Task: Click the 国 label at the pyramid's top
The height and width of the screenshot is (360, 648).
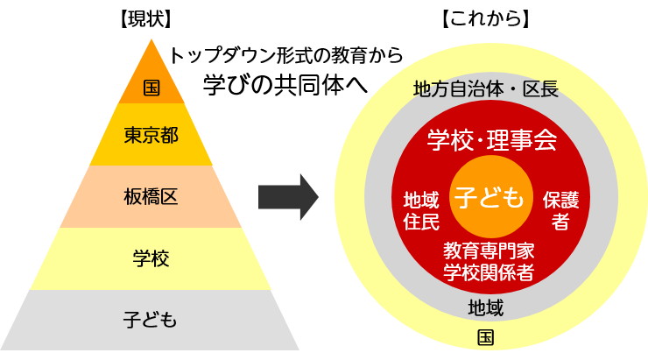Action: pos(151,88)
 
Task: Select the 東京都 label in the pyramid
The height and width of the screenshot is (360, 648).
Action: pos(151,136)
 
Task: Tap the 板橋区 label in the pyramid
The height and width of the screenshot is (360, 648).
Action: pos(151,197)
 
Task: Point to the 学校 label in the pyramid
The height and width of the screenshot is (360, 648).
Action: pos(151,258)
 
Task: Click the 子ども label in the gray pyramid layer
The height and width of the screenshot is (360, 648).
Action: pos(151,320)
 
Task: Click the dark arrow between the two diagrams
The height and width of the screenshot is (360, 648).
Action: pos(287,197)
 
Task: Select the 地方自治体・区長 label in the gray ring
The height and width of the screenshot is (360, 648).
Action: pos(485,89)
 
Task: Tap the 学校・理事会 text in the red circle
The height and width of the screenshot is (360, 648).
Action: pos(491,140)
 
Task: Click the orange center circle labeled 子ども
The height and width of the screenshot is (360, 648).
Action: pos(490,197)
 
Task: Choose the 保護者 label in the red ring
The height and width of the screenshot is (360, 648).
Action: pos(560,210)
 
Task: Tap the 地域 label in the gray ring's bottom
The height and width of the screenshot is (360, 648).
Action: pos(485,307)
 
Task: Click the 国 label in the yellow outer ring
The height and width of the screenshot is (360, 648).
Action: pos(485,338)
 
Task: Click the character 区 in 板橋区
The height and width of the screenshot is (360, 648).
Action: pos(170,197)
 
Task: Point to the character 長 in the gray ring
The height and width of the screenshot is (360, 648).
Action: pos(549,89)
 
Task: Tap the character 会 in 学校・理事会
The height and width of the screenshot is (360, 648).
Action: pos(546,140)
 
